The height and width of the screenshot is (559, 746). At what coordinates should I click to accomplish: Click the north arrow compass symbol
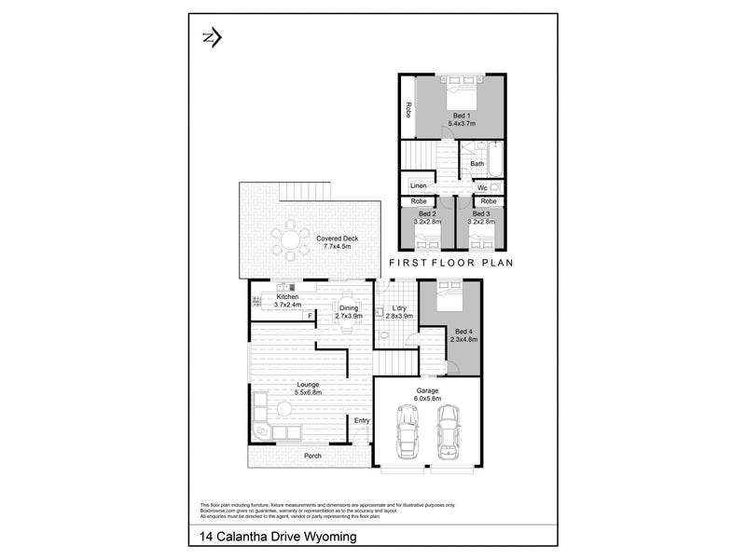212,37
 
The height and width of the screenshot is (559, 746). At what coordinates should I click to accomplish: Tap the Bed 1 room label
453,114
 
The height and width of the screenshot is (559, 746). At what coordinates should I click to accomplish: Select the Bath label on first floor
477,164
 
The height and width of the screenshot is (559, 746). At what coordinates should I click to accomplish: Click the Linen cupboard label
418,186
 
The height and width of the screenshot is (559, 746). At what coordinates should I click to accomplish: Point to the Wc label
481,188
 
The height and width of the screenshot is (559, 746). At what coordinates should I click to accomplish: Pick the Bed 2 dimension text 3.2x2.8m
427,223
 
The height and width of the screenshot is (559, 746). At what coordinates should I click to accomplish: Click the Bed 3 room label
480,214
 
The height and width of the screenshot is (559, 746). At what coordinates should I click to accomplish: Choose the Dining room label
348,307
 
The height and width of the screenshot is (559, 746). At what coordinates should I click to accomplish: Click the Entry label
362,421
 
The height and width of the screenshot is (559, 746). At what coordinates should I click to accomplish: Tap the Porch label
312,456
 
